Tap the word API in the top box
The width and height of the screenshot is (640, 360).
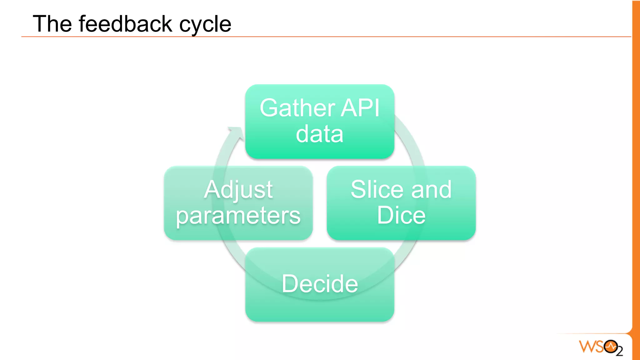pyautogui.click(x=360, y=108)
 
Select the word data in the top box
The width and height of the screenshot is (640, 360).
pyautogui.click(x=319, y=134)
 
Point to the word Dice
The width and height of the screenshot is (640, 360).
pyautogui.click(x=401, y=215)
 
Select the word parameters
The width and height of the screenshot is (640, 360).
pyautogui.click(x=238, y=216)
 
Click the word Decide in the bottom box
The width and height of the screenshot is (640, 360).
pyautogui.click(x=320, y=284)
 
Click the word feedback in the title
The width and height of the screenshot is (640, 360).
pyautogui.click(x=125, y=24)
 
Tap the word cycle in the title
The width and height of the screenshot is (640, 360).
pyautogui.click(x=205, y=24)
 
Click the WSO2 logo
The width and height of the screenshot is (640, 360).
pyautogui.click(x=600, y=347)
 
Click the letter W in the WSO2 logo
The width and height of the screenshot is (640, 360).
pyautogui.click(x=587, y=347)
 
